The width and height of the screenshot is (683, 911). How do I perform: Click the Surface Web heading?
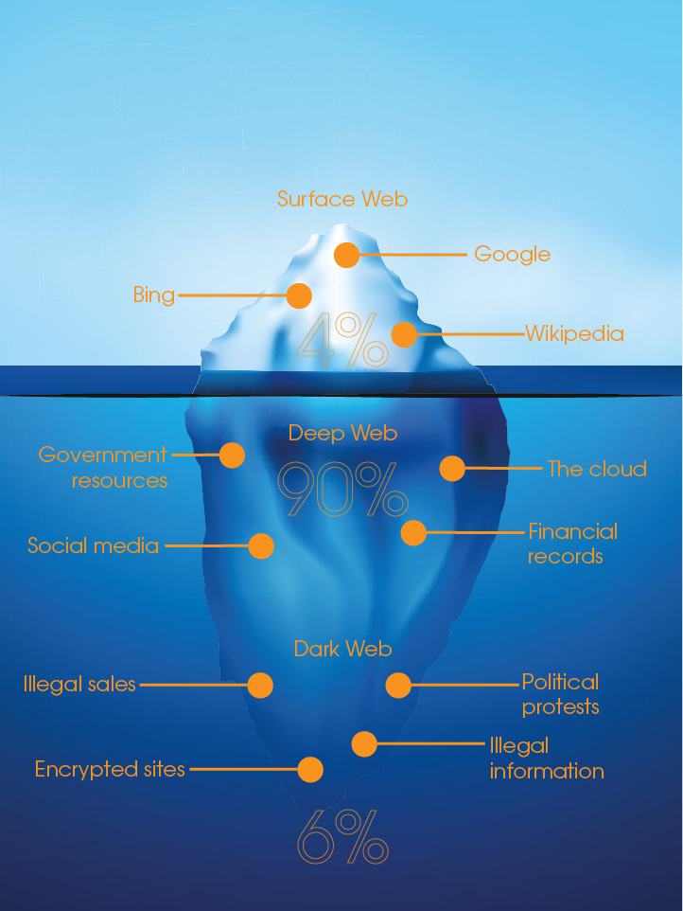tap(342, 199)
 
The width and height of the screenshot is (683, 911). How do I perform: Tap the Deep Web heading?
tap(342, 434)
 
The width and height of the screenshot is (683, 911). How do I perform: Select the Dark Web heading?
tap(343, 649)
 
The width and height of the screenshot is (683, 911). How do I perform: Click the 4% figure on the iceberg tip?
tap(342, 340)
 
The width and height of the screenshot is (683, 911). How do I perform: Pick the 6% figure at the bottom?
tap(342, 836)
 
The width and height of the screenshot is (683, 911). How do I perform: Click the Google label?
tap(513, 255)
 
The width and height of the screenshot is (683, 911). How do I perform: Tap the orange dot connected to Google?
tap(346, 255)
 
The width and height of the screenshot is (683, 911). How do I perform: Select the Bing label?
tap(154, 295)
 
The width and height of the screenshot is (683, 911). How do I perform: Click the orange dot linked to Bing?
tap(299, 295)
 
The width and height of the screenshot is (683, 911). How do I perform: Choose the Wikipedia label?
tap(575, 334)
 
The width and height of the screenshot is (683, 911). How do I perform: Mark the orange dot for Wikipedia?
tap(404, 334)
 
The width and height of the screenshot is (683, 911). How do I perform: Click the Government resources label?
tap(103, 468)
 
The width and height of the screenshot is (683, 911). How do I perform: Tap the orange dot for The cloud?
tap(452, 468)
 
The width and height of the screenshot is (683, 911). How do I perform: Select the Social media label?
tap(93, 545)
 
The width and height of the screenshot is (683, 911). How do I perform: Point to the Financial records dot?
tap(413, 533)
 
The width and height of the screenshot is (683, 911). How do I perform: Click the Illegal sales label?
tap(79, 685)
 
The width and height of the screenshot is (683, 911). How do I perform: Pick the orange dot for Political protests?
tap(398, 686)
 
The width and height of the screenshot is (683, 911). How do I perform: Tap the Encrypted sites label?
tap(110, 769)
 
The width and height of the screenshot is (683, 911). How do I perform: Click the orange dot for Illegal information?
tap(364, 744)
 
